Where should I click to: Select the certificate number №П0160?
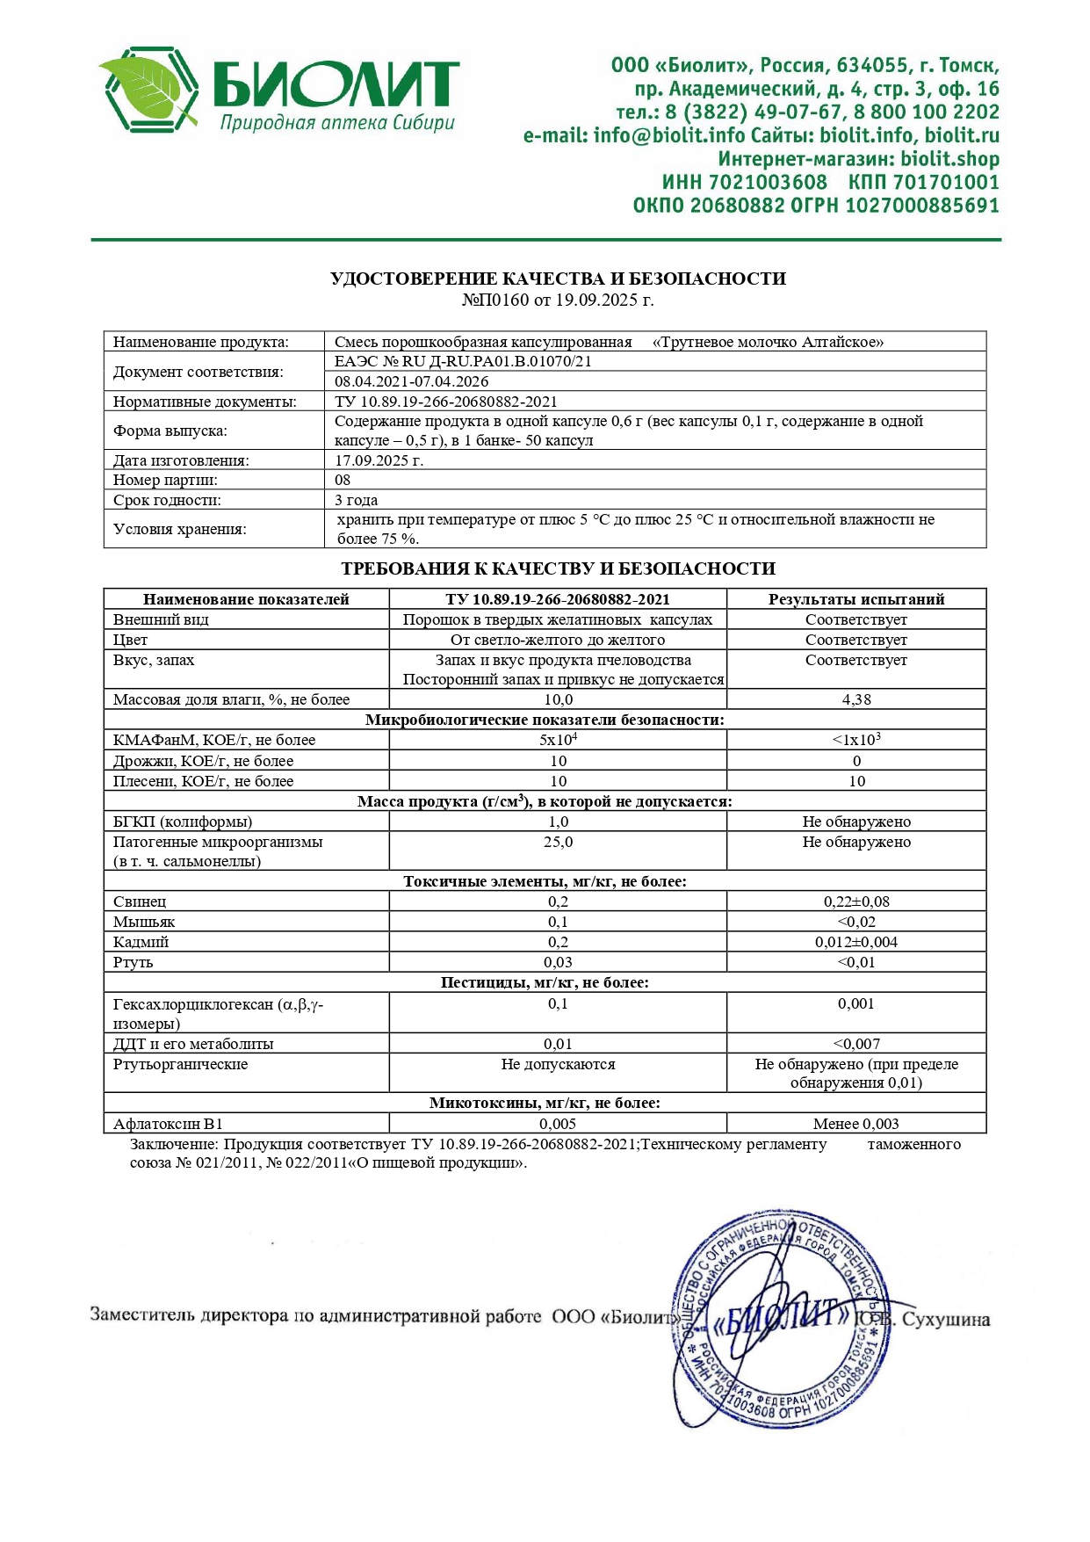click(x=495, y=300)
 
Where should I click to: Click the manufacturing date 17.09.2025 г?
click(x=379, y=460)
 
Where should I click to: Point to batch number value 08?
click(x=343, y=480)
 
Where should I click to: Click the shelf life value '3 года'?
click(x=357, y=500)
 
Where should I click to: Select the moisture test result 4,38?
click(x=855, y=699)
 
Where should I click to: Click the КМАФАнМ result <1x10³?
click(x=855, y=740)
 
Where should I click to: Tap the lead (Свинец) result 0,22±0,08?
click(x=855, y=901)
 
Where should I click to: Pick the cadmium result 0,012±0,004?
click(x=855, y=942)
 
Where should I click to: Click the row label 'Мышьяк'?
click(x=144, y=922)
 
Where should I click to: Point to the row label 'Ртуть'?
click(x=133, y=962)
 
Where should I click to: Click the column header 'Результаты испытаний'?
click(x=855, y=599)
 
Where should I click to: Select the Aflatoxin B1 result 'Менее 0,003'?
click(x=855, y=1124)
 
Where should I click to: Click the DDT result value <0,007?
click(x=855, y=1044)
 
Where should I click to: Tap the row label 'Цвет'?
click(x=130, y=640)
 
